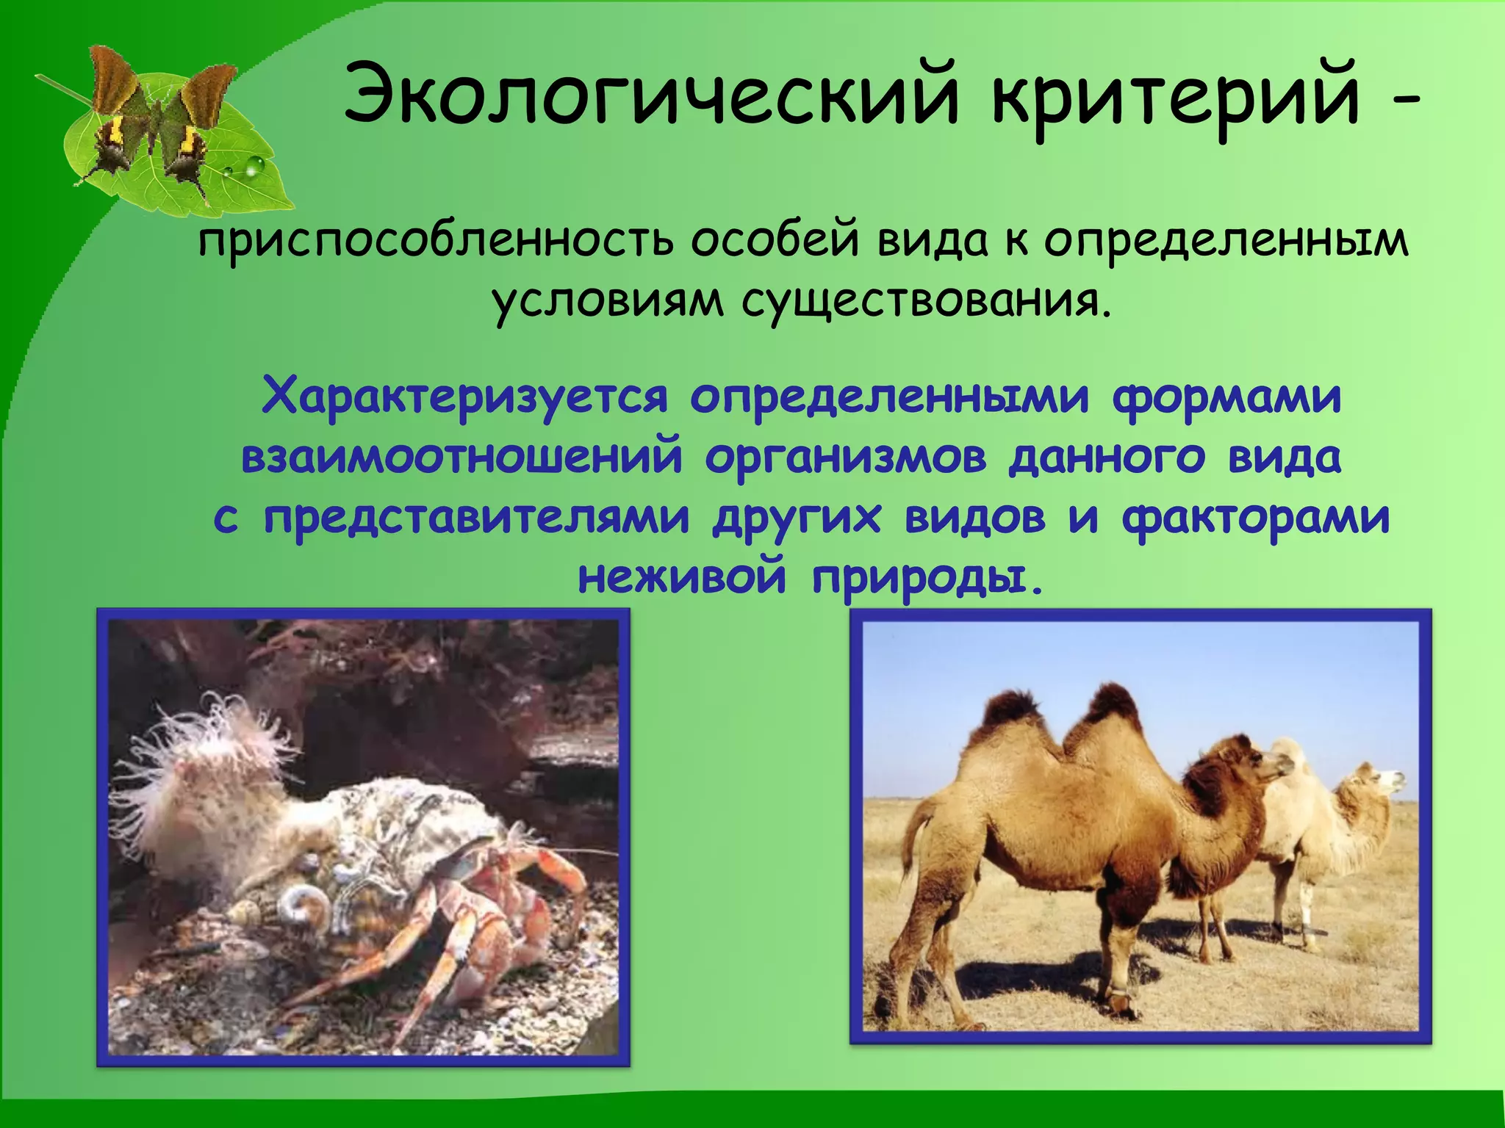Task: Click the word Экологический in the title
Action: (x=650, y=95)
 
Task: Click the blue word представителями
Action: (x=476, y=518)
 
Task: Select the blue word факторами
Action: (x=1255, y=518)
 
